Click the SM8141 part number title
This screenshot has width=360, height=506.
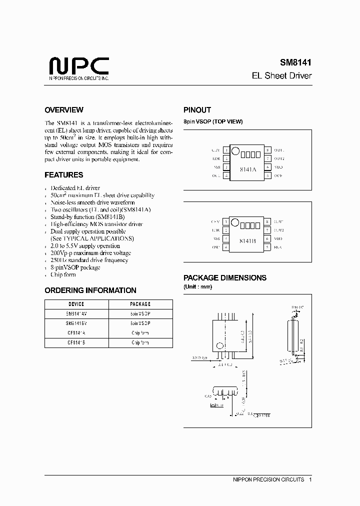coord(295,63)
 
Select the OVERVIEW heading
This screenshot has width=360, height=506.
coord(64,110)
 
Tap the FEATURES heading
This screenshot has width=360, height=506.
coord(64,175)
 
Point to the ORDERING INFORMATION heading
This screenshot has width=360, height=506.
coord(90,290)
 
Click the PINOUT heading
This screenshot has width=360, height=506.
coord(197,110)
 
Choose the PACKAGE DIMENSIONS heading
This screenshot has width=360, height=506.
coord(225,277)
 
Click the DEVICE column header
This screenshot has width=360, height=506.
coord(76,304)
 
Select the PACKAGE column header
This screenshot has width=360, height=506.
coord(140,304)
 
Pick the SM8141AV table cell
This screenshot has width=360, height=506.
coord(76,313)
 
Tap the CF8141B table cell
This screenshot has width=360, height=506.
coord(76,342)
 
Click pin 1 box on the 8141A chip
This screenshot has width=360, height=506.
coord(226,150)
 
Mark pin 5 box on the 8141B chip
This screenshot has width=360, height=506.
coord(268,247)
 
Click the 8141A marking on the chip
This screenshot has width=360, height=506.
coord(247,169)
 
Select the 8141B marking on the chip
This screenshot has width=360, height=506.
coord(247,240)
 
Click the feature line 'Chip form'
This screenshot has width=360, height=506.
coord(63,274)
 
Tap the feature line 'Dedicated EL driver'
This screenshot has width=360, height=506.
coord(75,188)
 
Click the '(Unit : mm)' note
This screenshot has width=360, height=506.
coord(197,286)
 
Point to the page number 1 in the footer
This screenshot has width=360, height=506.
coord(310,479)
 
